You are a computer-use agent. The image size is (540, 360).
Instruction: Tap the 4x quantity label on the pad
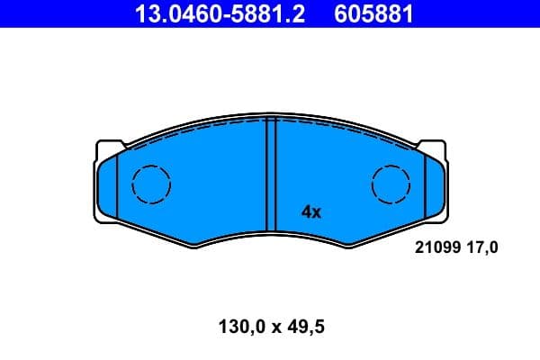[310, 212]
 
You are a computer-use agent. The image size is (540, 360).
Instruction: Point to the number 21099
[435, 246]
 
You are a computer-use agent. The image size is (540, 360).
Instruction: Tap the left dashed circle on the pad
[151, 185]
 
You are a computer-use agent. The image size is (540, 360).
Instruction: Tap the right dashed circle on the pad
[391, 185]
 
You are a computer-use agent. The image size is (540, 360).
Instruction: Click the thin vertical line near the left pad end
[119, 184]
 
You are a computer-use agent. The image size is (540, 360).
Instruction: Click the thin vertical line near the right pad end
[423, 184]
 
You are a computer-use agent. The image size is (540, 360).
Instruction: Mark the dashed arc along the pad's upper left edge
[189, 130]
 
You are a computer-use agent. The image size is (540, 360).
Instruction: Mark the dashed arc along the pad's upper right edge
[351, 130]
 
